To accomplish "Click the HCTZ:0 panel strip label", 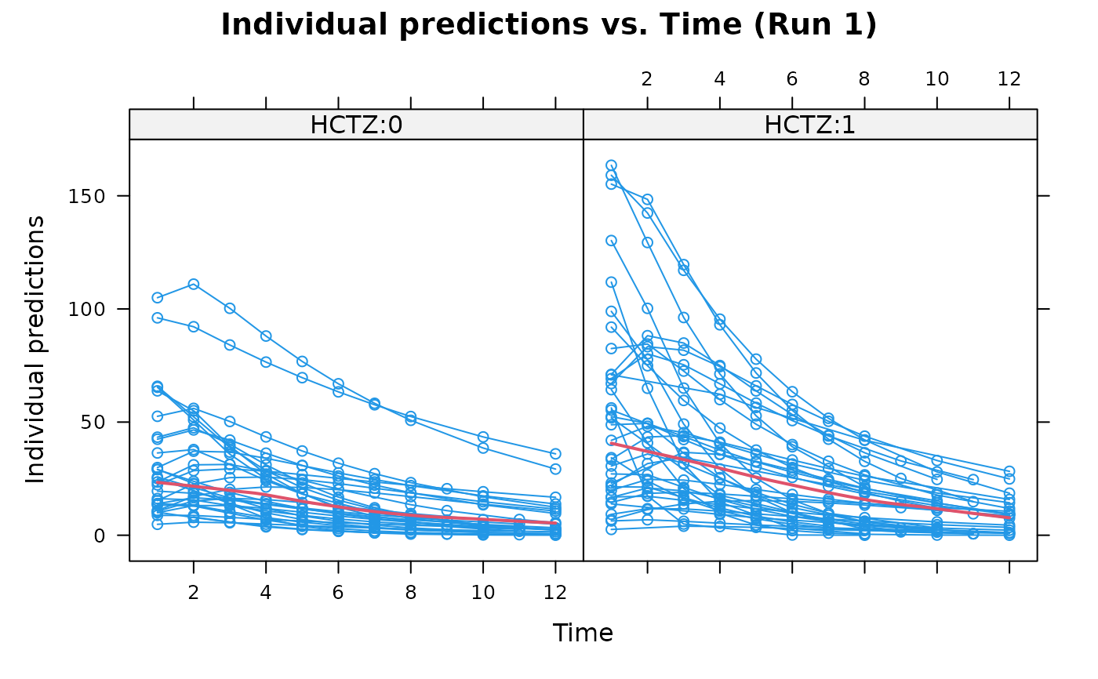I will [x=356, y=125].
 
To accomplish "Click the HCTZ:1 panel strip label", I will [x=809, y=125].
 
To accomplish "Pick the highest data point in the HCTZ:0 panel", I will [x=194, y=284].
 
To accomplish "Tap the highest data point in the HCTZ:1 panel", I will [x=611, y=165].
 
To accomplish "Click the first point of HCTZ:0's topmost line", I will [x=158, y=298].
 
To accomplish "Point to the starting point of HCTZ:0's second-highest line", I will [x=158, y=318].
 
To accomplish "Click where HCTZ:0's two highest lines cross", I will [x=375, y=404].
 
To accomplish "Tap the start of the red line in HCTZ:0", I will [x=158, y=482].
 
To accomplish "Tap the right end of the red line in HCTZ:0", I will [x=555, y=523].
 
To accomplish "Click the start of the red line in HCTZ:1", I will [x=611, y=444].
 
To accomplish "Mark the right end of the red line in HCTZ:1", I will [x=1009, y=517].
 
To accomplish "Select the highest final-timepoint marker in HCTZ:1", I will [x=1009, y=470].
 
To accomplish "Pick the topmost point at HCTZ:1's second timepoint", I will [x=647, y=200].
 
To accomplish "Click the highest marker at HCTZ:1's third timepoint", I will [x=684, y=265].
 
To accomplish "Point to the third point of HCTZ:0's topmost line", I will [x=230, y=308].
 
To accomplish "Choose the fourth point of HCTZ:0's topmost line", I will [x=266, y=336].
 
